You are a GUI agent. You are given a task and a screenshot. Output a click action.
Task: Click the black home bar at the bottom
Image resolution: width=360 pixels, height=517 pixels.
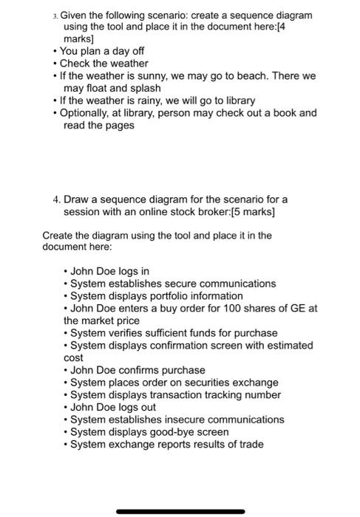tap(180, 511)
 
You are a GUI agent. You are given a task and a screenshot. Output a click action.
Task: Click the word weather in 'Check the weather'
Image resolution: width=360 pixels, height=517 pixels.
tap(129, 64)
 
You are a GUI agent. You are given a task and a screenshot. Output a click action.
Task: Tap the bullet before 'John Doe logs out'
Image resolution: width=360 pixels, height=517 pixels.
tap(67, 408)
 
